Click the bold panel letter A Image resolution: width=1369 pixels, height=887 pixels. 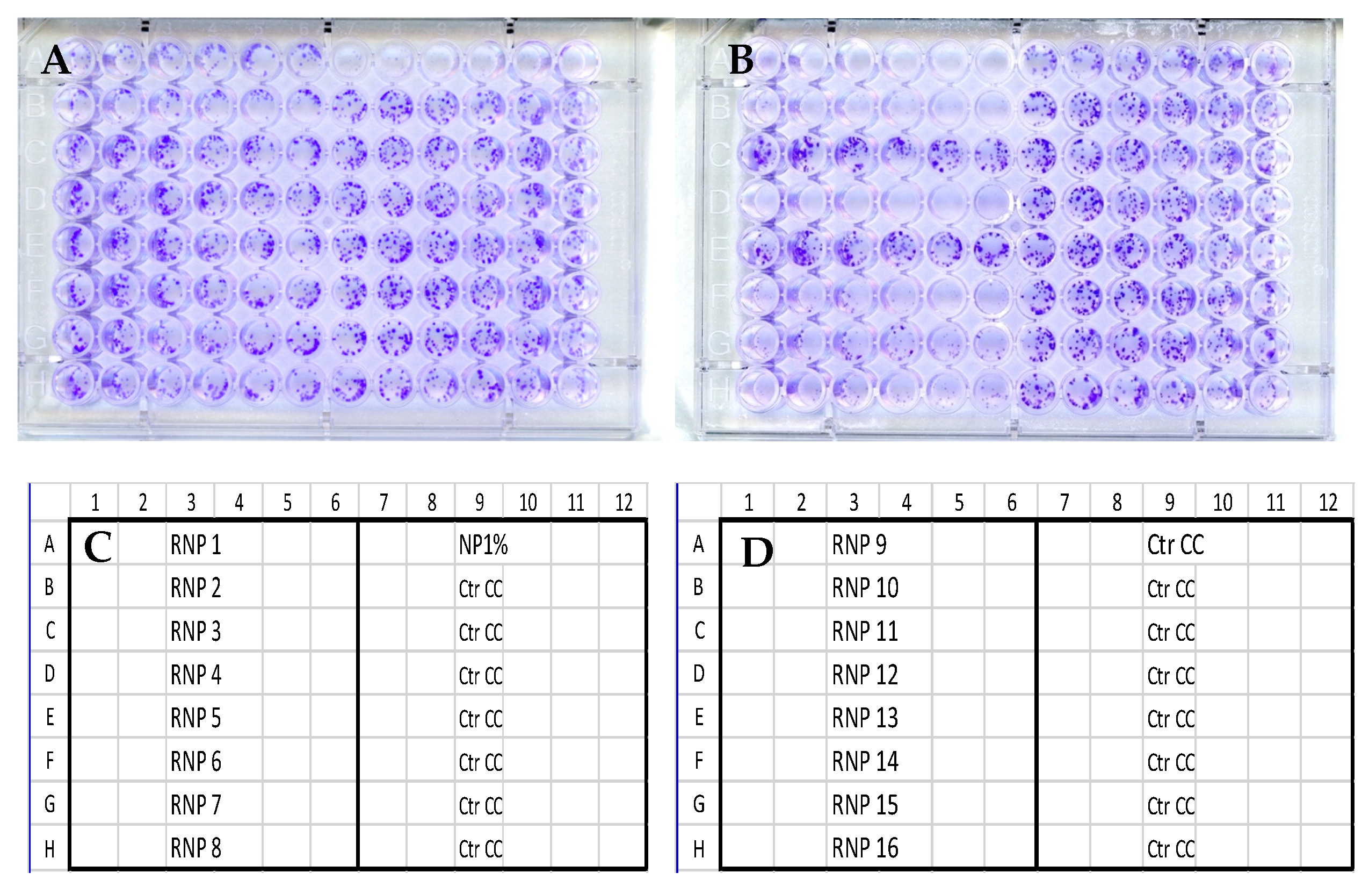[56, 60]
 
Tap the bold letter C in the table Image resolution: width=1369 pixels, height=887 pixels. [97, 547]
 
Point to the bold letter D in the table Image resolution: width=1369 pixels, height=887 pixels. [757, 553]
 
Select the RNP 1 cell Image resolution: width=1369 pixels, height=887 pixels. [195, 545]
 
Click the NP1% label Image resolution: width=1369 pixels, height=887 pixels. [483, 545]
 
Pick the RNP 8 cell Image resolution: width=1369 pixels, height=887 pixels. [195, 848]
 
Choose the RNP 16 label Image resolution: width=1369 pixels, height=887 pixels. [865, 848]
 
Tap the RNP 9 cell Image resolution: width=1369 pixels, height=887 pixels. [859, 545]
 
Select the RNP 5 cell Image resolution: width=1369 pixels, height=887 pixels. [195, 718]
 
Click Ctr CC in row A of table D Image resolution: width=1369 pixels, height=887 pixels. [1175, 545]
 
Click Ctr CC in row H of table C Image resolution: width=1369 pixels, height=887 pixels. [481, 848]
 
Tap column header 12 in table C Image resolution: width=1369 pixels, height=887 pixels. [624, 503]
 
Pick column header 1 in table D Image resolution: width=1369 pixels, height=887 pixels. [748, 503]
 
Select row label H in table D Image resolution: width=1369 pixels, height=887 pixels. [698, 848]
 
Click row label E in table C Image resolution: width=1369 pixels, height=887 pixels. [49, 718]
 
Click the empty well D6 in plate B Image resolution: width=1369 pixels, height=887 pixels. [994, 201]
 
